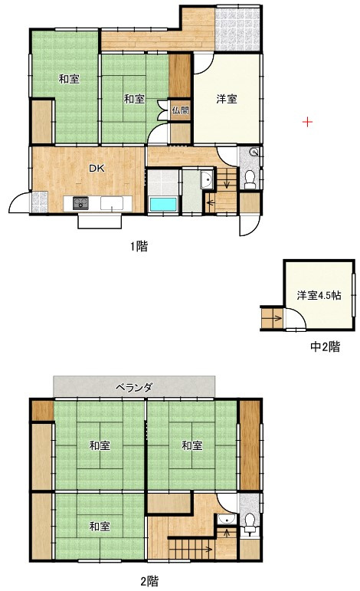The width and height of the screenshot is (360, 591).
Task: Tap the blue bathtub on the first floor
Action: click(x=162, y=205)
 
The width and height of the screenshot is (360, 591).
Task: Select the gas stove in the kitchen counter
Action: click(x=81, y=203)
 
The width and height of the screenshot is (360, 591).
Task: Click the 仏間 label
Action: click(x=180, y=110)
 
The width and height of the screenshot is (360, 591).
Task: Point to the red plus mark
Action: click(x=307, y=121)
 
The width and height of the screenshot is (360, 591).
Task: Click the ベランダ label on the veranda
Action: click(x=134, y=387)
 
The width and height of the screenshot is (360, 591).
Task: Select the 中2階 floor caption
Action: click(x=324, y=347)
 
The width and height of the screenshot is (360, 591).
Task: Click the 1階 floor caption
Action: click(x=138, y=246)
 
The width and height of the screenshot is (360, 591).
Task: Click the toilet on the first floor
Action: click(x=250, y=180)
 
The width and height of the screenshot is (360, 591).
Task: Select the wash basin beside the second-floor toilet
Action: click(x=224, y=521)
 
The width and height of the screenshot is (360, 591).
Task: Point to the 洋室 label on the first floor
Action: click(x=226, y=98)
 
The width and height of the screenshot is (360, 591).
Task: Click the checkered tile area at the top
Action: click(x=237, y=25)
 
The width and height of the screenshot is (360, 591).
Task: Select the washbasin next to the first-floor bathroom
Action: click(x=205, y=181)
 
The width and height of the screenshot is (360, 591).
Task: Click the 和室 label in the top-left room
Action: click(x=69, y=79)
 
